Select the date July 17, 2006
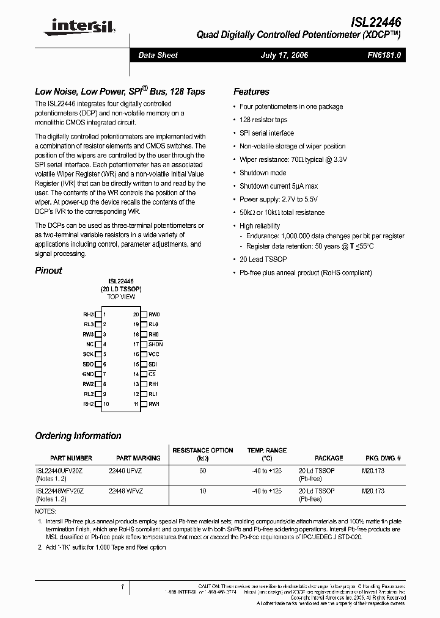[284, 55]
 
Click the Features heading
[251, 92]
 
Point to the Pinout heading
[48, 271]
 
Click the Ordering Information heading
[78, 436]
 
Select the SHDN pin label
[155, 344]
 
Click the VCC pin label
[153, 354]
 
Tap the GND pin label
[88, 374]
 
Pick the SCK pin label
[89, 354]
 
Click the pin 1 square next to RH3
[98, 314]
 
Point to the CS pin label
[152, 374]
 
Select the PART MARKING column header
[138, 458]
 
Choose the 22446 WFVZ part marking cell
[125, 491]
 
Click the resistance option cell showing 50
[203, 471]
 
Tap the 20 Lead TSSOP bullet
[263, 260]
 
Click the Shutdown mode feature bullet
[263, 173]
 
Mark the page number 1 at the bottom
[123, 587]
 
